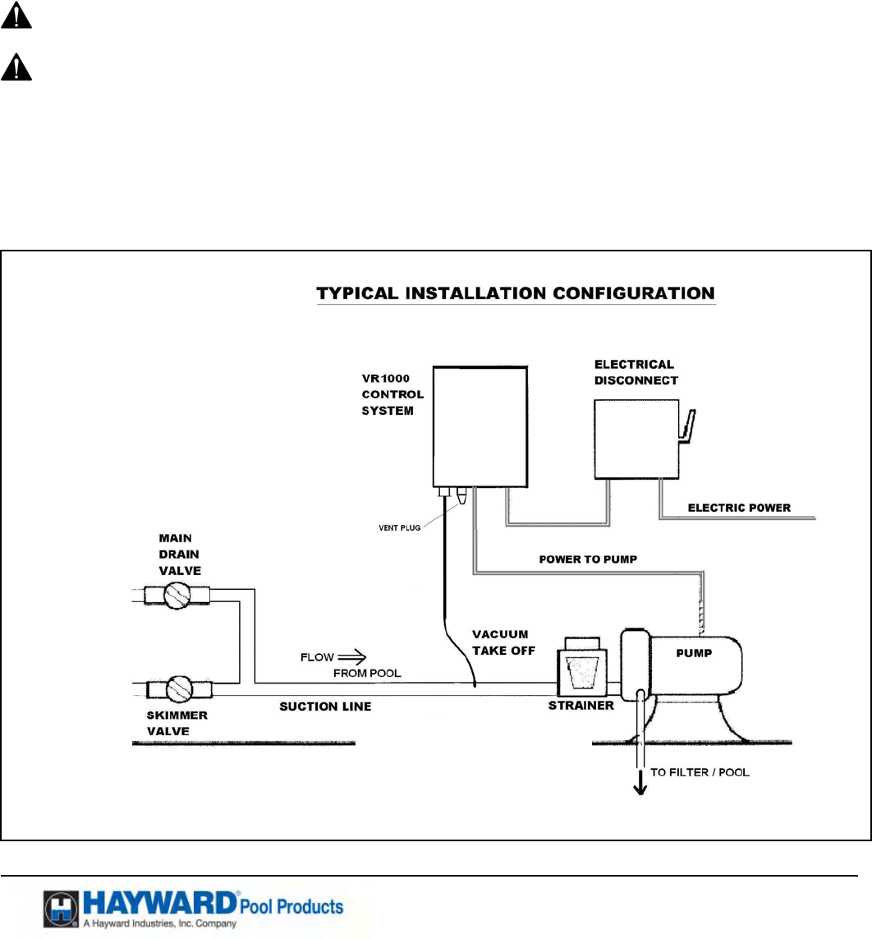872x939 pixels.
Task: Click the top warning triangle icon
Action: click(x=16, y=18)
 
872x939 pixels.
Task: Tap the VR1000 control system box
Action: click(x=478, y=427)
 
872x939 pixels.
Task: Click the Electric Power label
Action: click(x=738, y=508)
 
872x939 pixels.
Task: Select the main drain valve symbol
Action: click(x=176, y=596)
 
